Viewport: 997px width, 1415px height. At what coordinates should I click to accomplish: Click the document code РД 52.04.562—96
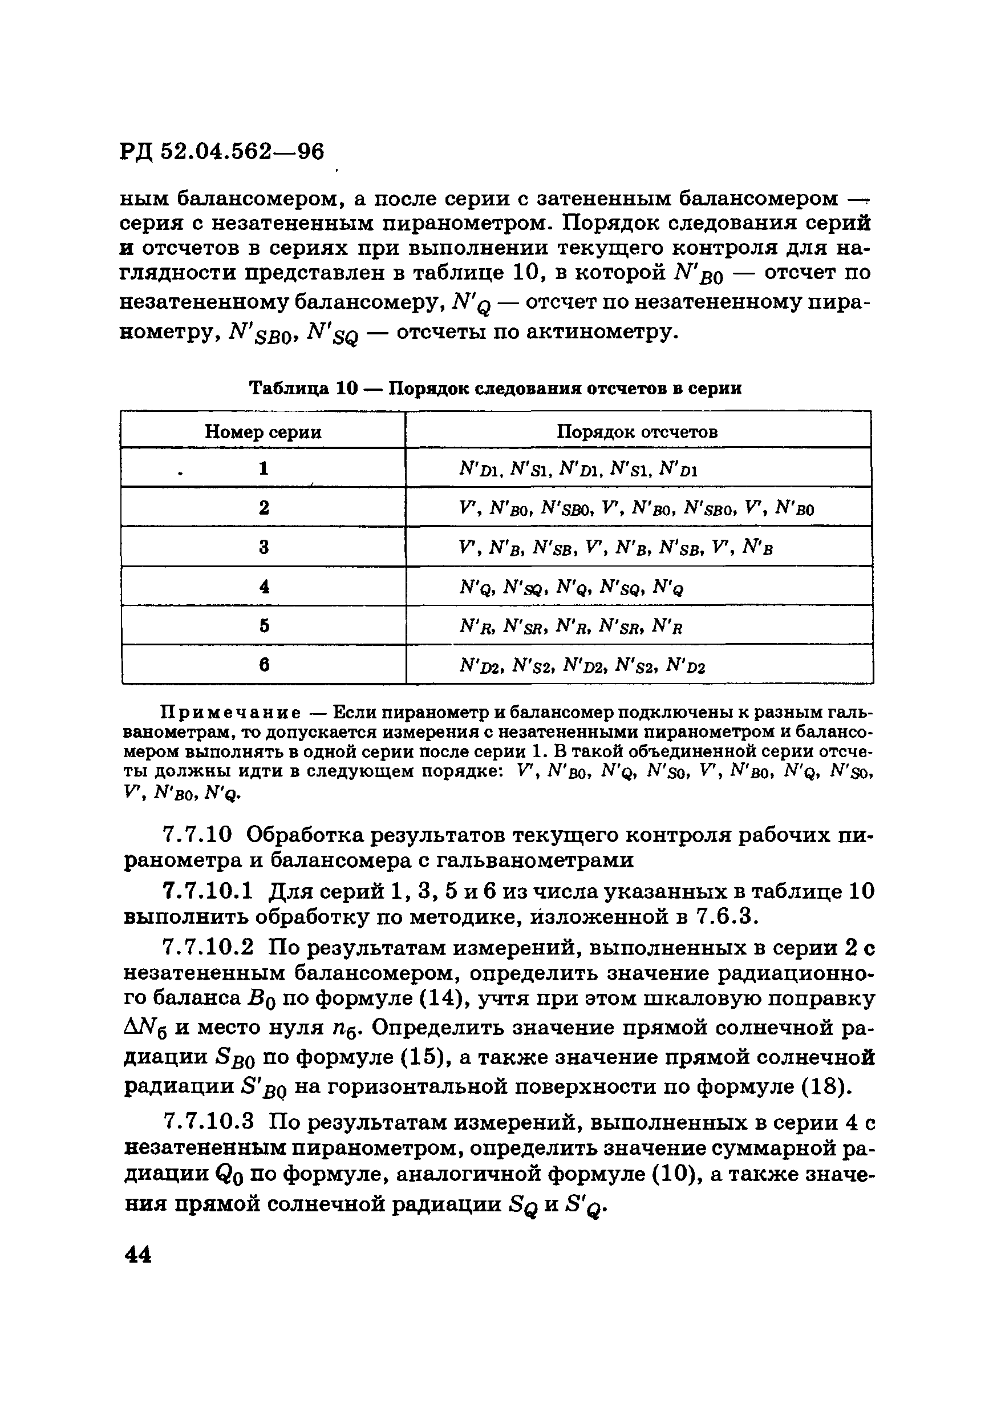tap(222, 152)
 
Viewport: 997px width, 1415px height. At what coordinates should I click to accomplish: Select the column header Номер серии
tap(263, 431)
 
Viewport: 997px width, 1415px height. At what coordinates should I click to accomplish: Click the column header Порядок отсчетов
tap(637, 431)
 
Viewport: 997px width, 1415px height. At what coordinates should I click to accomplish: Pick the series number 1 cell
tap(264, 469)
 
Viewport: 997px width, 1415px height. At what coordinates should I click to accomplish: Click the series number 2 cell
tap(264, 508)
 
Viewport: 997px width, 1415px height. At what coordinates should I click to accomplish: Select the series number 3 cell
tap(264, 547)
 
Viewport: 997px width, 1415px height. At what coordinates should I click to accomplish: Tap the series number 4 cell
tap(264, 587)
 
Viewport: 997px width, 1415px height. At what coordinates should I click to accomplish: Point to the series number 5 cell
tap(264, 626)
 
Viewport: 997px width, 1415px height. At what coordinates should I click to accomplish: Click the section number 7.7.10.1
tap(207, 892)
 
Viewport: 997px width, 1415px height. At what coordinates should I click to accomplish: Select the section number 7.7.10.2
tap(207, 947)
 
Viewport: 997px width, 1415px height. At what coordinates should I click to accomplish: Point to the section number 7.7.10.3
tap(207, 1123)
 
